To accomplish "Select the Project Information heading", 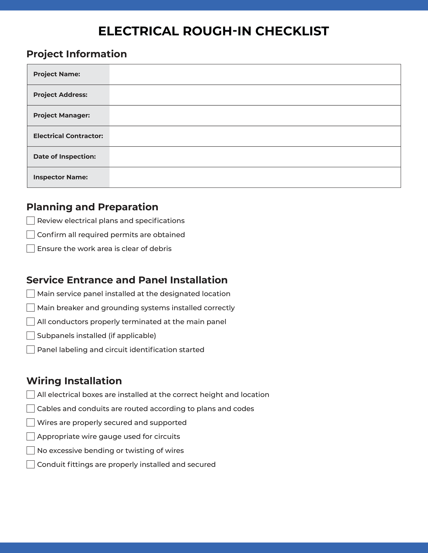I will click(77, 54).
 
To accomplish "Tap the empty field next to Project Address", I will click(255, 95).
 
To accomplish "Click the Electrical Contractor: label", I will click(68, 136).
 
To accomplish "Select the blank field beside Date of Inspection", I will click(255, 157).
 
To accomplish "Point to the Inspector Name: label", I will click(61, 177).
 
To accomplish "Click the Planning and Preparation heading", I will click(92, 207).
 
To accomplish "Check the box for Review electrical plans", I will click(30, 221).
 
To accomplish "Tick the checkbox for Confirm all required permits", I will click(30, 234).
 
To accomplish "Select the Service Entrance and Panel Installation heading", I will click(127, 280).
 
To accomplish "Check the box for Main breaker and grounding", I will click(30, 308).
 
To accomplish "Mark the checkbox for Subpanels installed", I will click(30, 335).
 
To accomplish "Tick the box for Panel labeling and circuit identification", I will click(30, 349).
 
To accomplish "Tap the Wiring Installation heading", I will click(74, 381).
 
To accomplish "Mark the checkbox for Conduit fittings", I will click(30, 464).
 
